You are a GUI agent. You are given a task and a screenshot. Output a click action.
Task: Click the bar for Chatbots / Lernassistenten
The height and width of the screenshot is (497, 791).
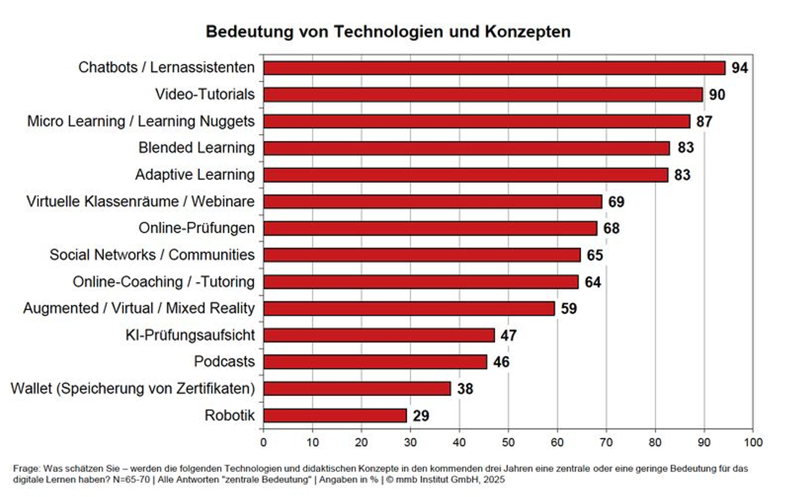(494, 68)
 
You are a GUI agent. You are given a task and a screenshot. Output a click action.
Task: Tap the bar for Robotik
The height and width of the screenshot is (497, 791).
(335, 415)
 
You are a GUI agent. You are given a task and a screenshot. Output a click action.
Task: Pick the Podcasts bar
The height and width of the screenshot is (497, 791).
(375, 362)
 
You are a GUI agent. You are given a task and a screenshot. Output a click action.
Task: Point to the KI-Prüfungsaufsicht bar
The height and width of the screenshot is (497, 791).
(379, 335)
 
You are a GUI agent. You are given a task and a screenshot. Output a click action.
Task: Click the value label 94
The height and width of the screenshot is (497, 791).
(739, 68)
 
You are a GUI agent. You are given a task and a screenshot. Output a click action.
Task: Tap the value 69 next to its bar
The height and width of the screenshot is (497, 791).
(616, 201)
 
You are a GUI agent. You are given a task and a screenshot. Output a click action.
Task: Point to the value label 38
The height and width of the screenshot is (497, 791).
(465, 388)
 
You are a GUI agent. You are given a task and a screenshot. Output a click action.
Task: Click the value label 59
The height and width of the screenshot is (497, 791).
(569, 308)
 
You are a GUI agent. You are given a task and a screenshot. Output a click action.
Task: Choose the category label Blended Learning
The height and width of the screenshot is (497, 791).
(196, 148)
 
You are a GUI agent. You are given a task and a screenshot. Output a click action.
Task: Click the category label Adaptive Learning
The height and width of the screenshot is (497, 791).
(195, 175)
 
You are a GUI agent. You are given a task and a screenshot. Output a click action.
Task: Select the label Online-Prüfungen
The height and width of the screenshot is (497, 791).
(196, 228)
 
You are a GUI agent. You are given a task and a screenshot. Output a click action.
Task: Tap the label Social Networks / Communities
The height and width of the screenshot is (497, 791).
(152, 255)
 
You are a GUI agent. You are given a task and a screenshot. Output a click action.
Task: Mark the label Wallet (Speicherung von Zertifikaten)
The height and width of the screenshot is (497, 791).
(133, 388)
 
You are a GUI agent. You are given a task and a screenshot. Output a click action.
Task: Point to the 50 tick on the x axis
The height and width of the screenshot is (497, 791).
(508, 442)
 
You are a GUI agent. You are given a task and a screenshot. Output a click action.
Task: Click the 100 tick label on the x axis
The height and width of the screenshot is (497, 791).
(753, 442)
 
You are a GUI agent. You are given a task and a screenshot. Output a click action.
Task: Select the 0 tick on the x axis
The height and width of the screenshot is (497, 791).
(264, 442)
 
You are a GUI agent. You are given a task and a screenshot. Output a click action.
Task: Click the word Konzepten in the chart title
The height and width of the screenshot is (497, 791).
(527, 31)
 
